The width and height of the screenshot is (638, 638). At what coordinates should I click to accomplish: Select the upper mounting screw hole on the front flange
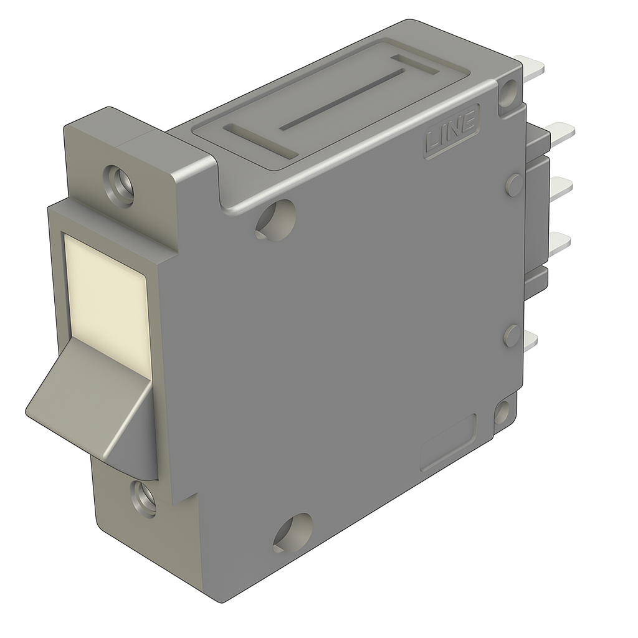point(119,185)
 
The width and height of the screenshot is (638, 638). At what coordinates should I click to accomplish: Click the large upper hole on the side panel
point(275,219)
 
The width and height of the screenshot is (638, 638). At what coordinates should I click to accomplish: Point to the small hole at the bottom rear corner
point(502,412)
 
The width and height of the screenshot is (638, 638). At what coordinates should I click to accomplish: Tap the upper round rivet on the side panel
point(514,184)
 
